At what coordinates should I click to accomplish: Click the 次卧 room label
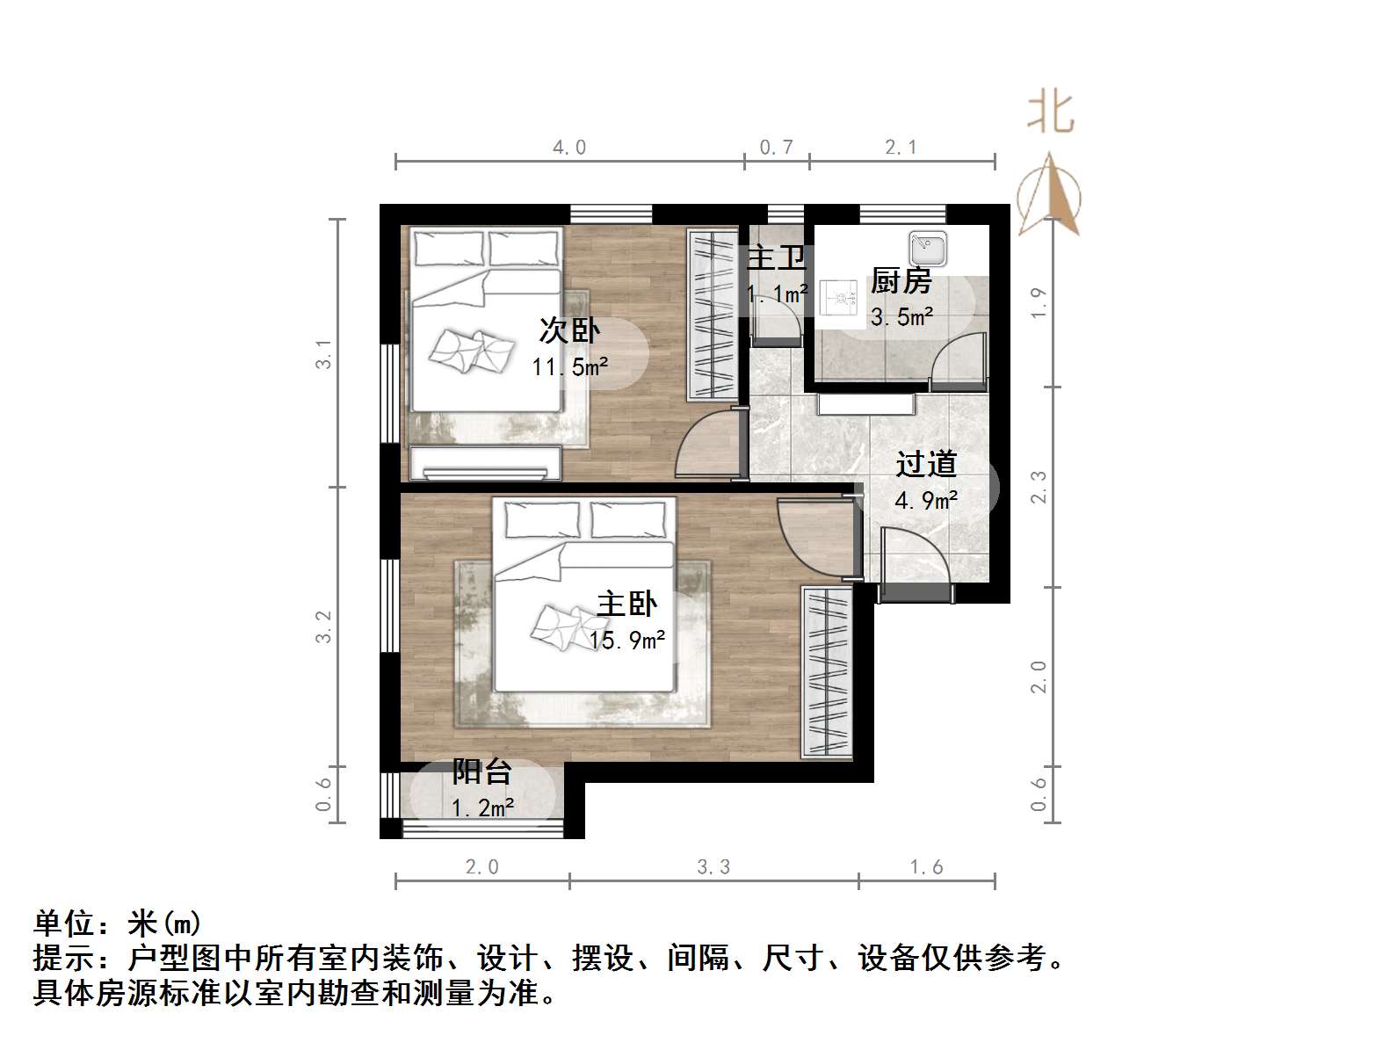pyautogui.click(x=569, y=331)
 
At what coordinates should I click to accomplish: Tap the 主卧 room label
pyautogui.click(x=626, y=605)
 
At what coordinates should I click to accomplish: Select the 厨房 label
pyautogui.click(x=901, y=281)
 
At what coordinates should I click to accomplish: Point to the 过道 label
pyautogui.click(x=926, y=464)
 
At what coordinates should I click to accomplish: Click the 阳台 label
pyautogui.click(x=481, y=772)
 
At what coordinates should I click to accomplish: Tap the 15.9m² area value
pyautogui.click(x=627, y=641)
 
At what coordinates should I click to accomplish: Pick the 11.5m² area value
pyautogui.click(x=569, y=366)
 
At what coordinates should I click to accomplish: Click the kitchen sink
pyautogui.click(x=927, y=249)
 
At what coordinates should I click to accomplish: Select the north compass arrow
pyautogui.click(x=1049, y=195)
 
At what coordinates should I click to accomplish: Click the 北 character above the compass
pyautogui.click(x=1051, y=112)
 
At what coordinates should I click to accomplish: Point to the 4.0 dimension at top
pyautogui.click(x=569, y=148)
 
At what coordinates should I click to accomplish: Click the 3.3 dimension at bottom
pyautogui.click(x=713, y=867)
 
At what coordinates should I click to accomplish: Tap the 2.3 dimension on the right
pyautogui.click(x=1039, y=487)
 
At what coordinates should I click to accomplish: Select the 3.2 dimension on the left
pyautogui.click(x=324, y=626)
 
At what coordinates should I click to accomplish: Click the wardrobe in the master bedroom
pyautogui.click(x=827, y=672)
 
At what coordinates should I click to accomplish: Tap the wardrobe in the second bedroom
pyautogui.click(x=712, y=315)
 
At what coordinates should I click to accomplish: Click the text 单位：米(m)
pyautogui.click(x=118, y=923)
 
